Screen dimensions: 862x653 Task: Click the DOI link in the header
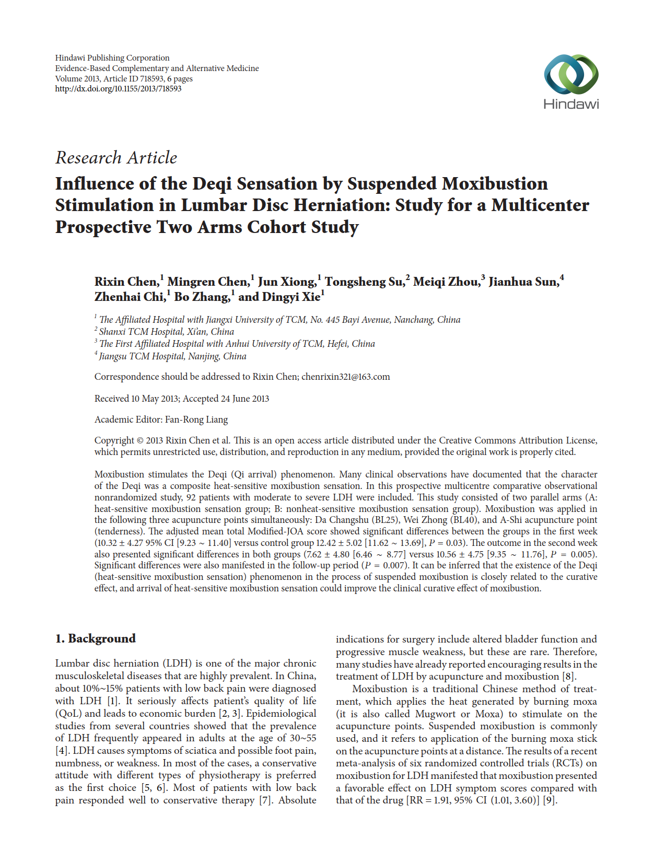(118, 89)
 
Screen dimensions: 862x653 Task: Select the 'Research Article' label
(116, 157)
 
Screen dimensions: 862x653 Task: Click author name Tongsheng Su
(364, 282)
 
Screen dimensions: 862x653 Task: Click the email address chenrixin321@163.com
(345, 377)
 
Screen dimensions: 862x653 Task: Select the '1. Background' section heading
(96, 638)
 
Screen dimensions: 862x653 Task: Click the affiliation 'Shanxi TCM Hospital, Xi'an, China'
(166, 332)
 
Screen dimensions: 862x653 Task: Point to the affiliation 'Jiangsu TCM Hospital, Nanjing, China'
(172, 356)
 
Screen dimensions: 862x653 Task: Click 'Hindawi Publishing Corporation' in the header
(112, 58)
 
